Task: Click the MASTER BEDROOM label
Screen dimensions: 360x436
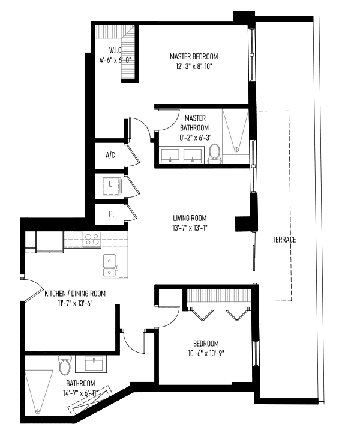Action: [x=194, y=56]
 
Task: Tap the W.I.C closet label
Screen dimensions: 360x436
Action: [x=115, y=50]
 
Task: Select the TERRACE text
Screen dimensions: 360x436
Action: [x=284, y=240]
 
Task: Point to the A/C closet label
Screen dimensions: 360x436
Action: [x=110, y=155]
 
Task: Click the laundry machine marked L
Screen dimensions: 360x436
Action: [x=112, y=184]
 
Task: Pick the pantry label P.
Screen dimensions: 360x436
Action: [x=111, y=214]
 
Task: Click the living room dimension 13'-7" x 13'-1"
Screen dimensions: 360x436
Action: [x=190, y=228]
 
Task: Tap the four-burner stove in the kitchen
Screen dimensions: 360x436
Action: [x=91, y=239]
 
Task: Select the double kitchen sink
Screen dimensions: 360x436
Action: [x=109, y=265]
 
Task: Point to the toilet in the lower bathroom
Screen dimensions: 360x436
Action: [x=64, y=365]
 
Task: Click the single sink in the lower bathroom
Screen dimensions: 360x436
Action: [x=94, y=363]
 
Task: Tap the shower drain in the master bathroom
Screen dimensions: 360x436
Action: [x=236, y=150]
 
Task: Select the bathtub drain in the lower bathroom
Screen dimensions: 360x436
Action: [x=37, y=411]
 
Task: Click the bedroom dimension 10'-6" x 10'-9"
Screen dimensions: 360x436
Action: [x=206, y=353]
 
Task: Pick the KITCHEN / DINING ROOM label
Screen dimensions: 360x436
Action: [x=75, y=294]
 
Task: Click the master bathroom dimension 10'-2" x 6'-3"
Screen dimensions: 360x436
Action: [x=194, y=138]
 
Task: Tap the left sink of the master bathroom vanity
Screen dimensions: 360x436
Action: [x=170, y=156]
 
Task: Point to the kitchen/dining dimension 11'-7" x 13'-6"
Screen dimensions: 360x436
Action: [x=75, y=303]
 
